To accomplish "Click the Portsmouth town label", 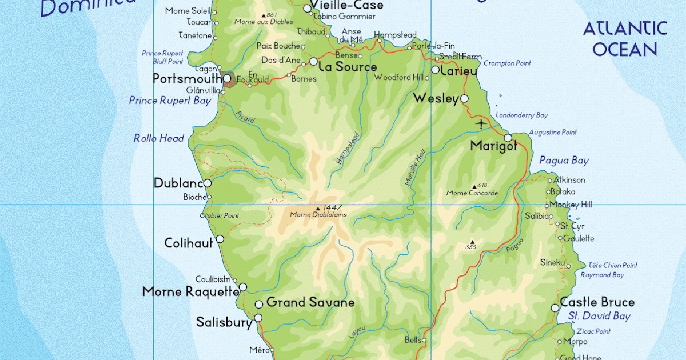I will (187, 79).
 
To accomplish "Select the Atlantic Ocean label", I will (625, 39).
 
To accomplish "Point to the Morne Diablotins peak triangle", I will (318, 208).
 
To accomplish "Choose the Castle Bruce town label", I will (597, 302).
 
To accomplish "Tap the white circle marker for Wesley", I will (464, 99).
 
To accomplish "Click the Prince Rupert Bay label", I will (170, 101).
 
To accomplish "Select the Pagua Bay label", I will (564, 161).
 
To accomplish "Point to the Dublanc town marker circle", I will (208, 183).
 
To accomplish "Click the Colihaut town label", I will (188, 243).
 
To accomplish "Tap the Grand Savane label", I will (310, 302).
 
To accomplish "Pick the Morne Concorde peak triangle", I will (474, 186).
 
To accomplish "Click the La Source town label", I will (347, 67).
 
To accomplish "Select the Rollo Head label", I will (159, 138).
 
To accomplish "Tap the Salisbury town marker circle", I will (258, 318).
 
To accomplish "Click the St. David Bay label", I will (599, 316).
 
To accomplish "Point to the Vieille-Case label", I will (347, 5).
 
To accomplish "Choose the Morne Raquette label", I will (190, 292).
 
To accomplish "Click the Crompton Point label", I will (507, 63).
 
